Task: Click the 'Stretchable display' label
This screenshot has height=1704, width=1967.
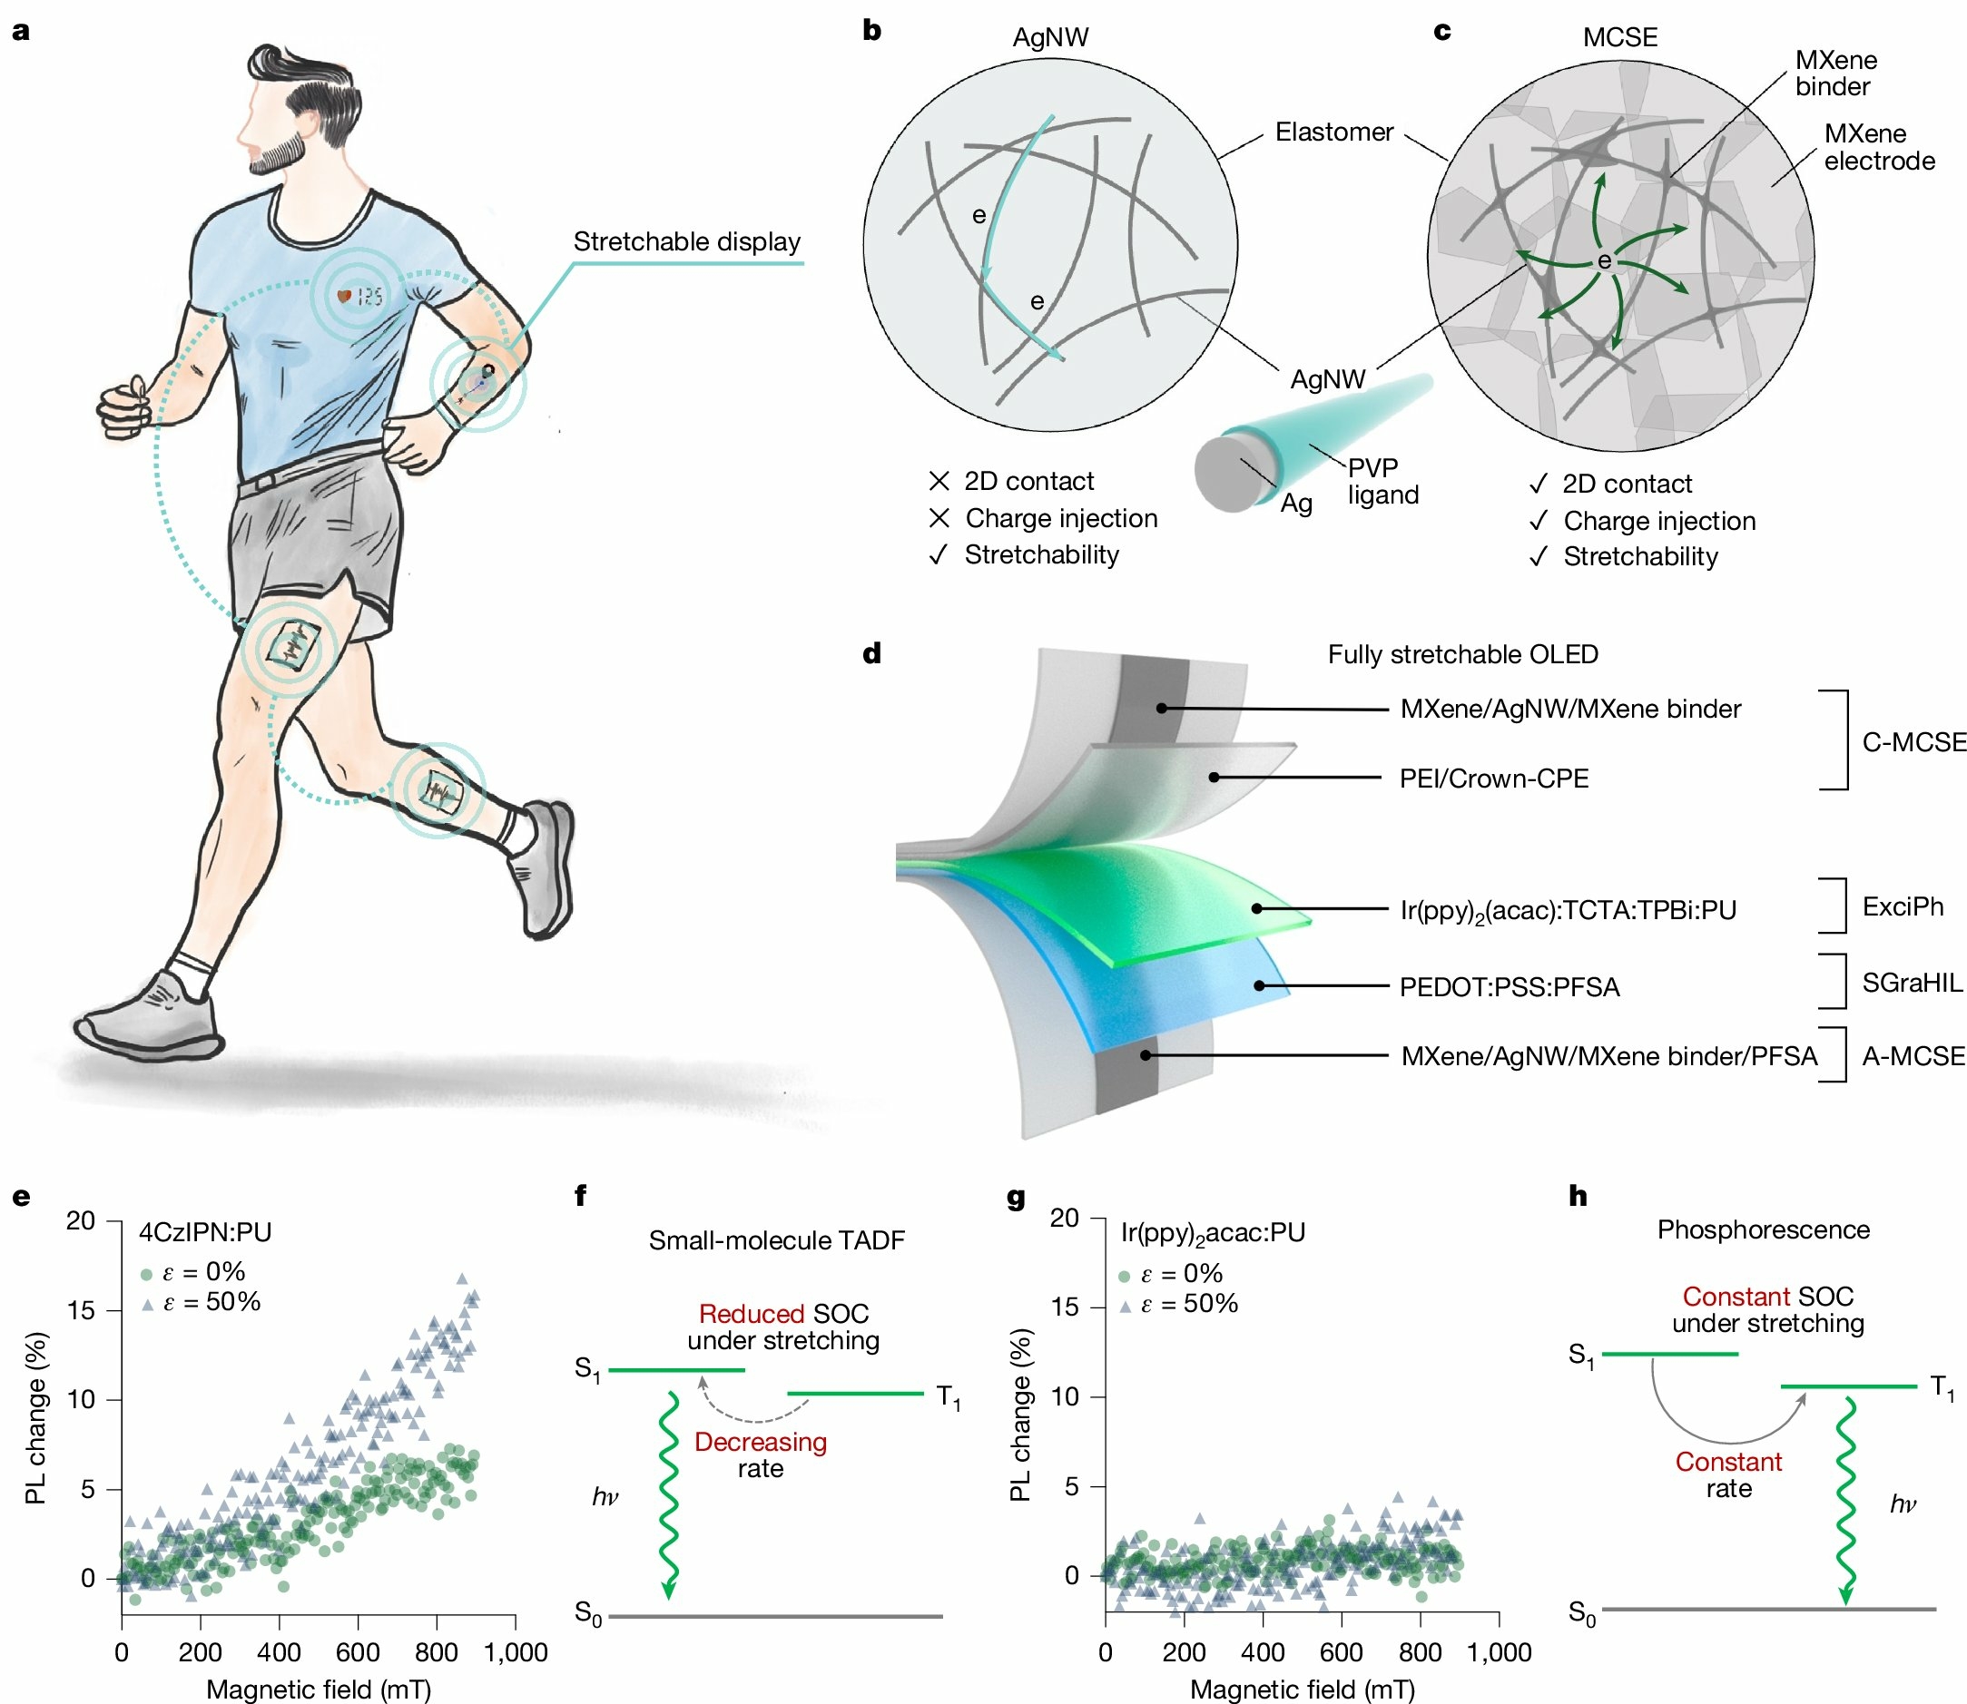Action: pos(686,241)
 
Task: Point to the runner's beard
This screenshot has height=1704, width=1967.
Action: pos(278,155)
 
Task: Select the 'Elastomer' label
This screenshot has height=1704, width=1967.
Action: pos(1333,132)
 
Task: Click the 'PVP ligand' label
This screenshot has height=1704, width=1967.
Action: pos(1382,481)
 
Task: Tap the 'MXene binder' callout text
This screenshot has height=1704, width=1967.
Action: pos(1834,73)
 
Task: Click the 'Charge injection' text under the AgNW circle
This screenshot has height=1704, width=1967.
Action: pos(1060,518)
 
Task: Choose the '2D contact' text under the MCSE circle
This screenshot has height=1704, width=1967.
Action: pos(1627,484)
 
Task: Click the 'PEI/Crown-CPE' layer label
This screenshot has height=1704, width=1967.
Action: pos(1493,779)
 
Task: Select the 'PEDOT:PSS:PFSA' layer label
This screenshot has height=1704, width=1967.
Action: pos(1509,987)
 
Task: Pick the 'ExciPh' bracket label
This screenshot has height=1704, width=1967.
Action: pos(1903,907)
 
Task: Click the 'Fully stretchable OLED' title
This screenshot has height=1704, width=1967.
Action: pos(1462,654)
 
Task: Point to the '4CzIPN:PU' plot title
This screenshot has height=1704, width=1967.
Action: pos(205,1232)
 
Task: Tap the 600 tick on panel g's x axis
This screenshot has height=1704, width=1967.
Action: pos(1342,1652)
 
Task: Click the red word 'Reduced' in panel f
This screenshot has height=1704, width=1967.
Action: pos(752,1314)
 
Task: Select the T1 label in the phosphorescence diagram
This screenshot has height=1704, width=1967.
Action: pos(1942,1389)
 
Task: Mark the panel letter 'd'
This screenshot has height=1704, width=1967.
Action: pos(872,654)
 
